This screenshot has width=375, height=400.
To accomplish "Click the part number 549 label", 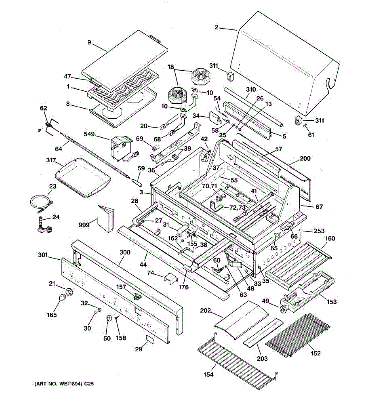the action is point(89,134).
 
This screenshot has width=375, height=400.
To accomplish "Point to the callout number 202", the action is point(205,310).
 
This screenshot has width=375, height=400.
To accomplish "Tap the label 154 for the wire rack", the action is point(208,374).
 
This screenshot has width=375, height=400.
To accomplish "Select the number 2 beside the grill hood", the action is point(216,27).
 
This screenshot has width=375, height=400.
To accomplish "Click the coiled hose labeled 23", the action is point(42,203).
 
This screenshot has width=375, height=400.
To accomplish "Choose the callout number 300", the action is point(125,252).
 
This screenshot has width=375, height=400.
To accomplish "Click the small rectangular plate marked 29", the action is point(150,339).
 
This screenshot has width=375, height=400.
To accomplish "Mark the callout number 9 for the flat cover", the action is point(89,42).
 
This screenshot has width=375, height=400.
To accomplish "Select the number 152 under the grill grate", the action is point(315,353).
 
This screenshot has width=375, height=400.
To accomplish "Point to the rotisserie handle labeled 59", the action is point(137,182).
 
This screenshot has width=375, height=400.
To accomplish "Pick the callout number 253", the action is point(319,231).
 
